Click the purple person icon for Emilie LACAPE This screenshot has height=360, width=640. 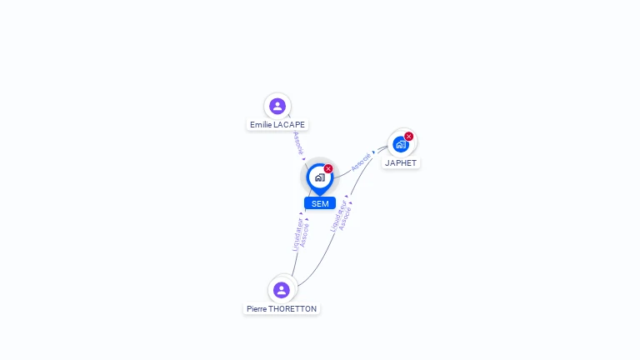pyautogui.click(x=277, y=106)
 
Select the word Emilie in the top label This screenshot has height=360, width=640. pyautogui.click(x=261, y=125)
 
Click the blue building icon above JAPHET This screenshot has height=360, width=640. pyautogui.click(x=401, y=144)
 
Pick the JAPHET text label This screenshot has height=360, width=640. pyautogui.click(x=401, y=163)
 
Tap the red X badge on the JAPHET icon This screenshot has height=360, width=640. pyautogui.click(x=409, y=137)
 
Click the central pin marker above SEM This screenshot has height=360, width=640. pyautogui.click(x=319, y=177)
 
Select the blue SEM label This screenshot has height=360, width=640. pyautogui.click(x=320, y=203)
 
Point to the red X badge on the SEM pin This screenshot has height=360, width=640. pyautogui.click(x=328, y=169)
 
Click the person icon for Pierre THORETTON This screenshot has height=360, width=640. pyautogui.click(x=282, y=290)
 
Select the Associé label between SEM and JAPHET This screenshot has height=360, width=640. pyautogui.click(x=361, y=162)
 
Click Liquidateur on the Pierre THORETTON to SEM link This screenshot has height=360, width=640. pyautogui.click(x=297, y=234)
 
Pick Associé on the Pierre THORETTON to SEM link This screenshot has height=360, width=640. pyautogui.click(x=305, y=233)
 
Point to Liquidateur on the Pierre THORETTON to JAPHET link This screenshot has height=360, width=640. pyautogui.click(x=337, y=215)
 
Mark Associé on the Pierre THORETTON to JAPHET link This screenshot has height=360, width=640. pyautogui.click(x=346, y=217)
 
